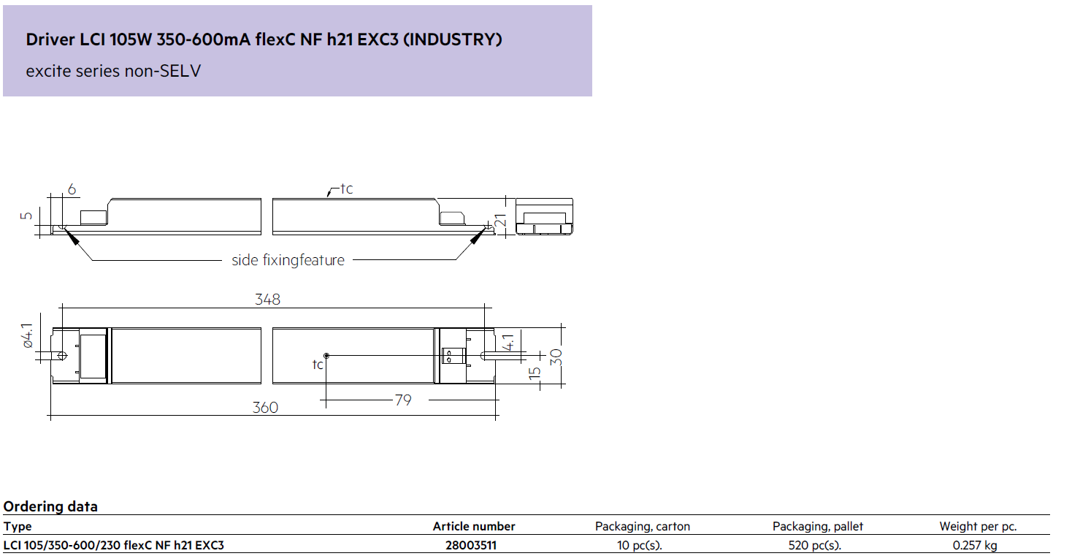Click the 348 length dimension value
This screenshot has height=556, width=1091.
coord(267,300)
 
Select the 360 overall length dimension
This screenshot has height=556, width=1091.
coord(265,408)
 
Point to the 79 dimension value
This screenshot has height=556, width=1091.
coord(403,400)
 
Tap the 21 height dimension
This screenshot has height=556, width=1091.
coord(500,221)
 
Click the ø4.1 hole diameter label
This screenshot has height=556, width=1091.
coord(27,335)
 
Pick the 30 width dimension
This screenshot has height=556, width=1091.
coord(556,357)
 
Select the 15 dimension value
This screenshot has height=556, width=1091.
coord(535,373)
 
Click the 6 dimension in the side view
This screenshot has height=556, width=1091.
coord(72,189)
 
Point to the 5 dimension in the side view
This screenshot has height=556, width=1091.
coord(26,216)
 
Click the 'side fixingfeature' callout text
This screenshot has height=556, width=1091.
coord(288,260)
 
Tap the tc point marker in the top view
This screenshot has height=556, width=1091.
coord(326,356)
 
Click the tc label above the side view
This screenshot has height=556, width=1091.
coord(346,188)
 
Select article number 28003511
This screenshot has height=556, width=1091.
coord(471,545)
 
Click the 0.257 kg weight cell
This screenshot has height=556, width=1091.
coord(975,545)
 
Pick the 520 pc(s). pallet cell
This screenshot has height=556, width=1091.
coord(815,545)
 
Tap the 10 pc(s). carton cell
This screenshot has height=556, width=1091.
coord(640,545)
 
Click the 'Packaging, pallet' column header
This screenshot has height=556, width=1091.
coord(818,526)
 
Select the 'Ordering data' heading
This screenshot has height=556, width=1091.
coord(50,507)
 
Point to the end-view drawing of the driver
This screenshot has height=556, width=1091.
coord(545,217)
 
